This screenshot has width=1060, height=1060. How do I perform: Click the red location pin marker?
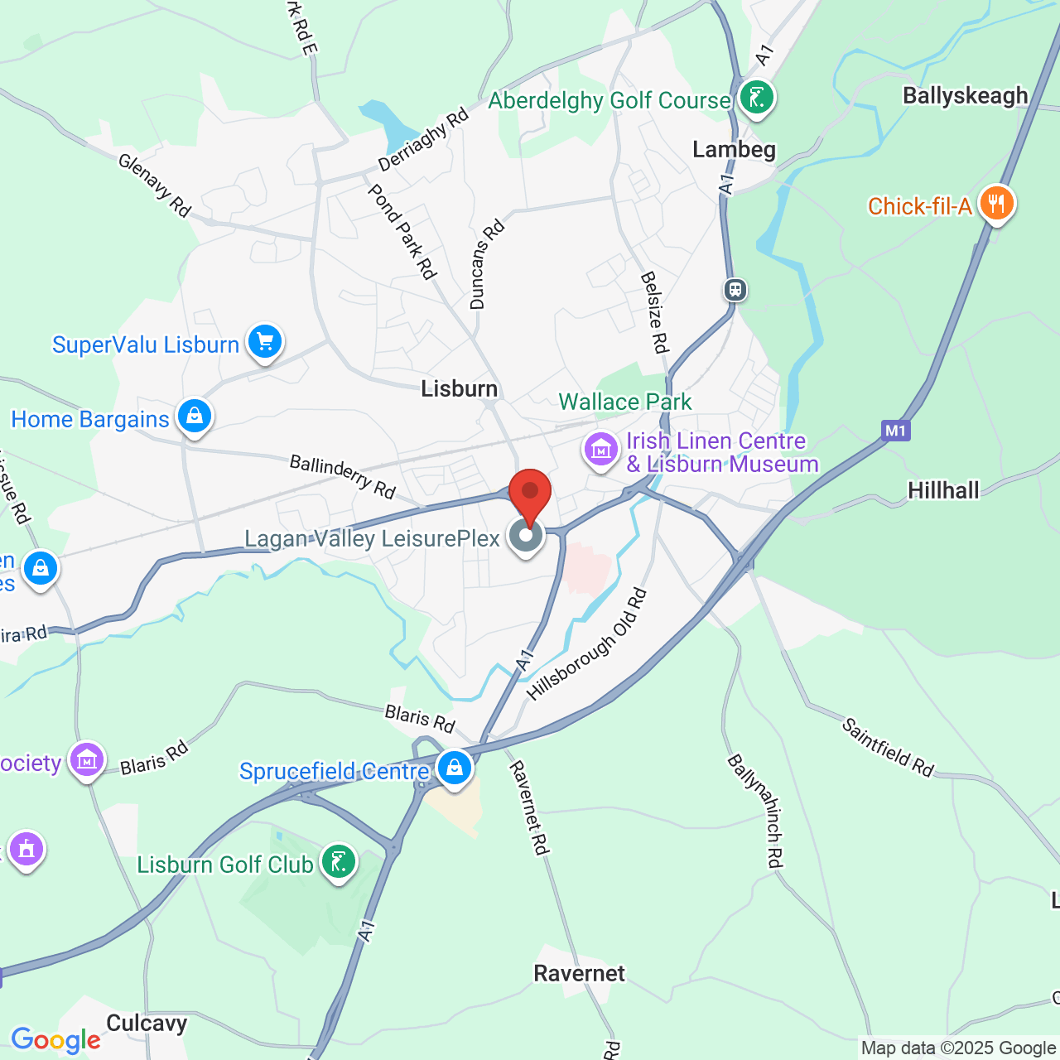click(529, 494)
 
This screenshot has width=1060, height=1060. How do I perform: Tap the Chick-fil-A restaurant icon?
click(996, 203)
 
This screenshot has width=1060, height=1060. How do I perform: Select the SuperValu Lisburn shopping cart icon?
click(265, 341)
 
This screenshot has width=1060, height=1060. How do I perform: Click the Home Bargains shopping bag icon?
click(194, 416)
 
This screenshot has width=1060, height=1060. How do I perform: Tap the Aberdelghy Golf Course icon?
click(756, 98)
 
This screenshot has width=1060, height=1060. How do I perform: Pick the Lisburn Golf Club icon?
click(338, 862)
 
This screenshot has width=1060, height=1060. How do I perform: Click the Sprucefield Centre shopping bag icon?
click(455, 768)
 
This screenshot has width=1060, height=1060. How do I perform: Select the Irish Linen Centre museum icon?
click(601, 450)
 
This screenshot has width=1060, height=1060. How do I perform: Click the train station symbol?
click(735, 290)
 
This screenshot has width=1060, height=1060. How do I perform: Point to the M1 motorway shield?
click(895, 430)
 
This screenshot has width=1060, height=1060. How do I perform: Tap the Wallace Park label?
click(624, 402)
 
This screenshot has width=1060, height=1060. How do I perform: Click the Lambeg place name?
click(734, 150)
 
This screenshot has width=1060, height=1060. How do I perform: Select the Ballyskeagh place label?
click(965, 96)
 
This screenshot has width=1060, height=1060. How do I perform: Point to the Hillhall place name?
click(943, 491)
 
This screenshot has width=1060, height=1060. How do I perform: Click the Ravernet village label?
click(579, 973)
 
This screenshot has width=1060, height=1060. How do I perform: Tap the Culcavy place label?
click(147, 1024)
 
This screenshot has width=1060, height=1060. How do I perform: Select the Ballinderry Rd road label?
click(343, 477)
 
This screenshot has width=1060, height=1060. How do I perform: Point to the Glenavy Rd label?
click(155, 186)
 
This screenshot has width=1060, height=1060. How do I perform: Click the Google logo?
click(55, 1040)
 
